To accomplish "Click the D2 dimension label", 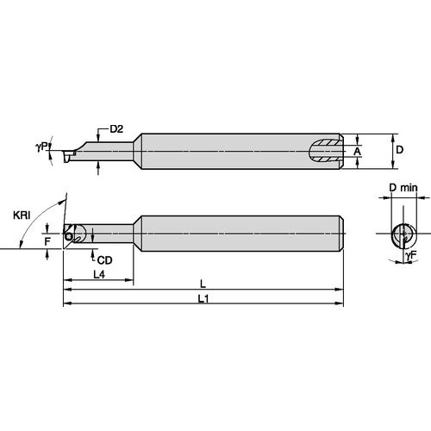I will tap(117, 129).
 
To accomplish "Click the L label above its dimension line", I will tap(203, 283).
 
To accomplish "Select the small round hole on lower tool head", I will tap(69, 229).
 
